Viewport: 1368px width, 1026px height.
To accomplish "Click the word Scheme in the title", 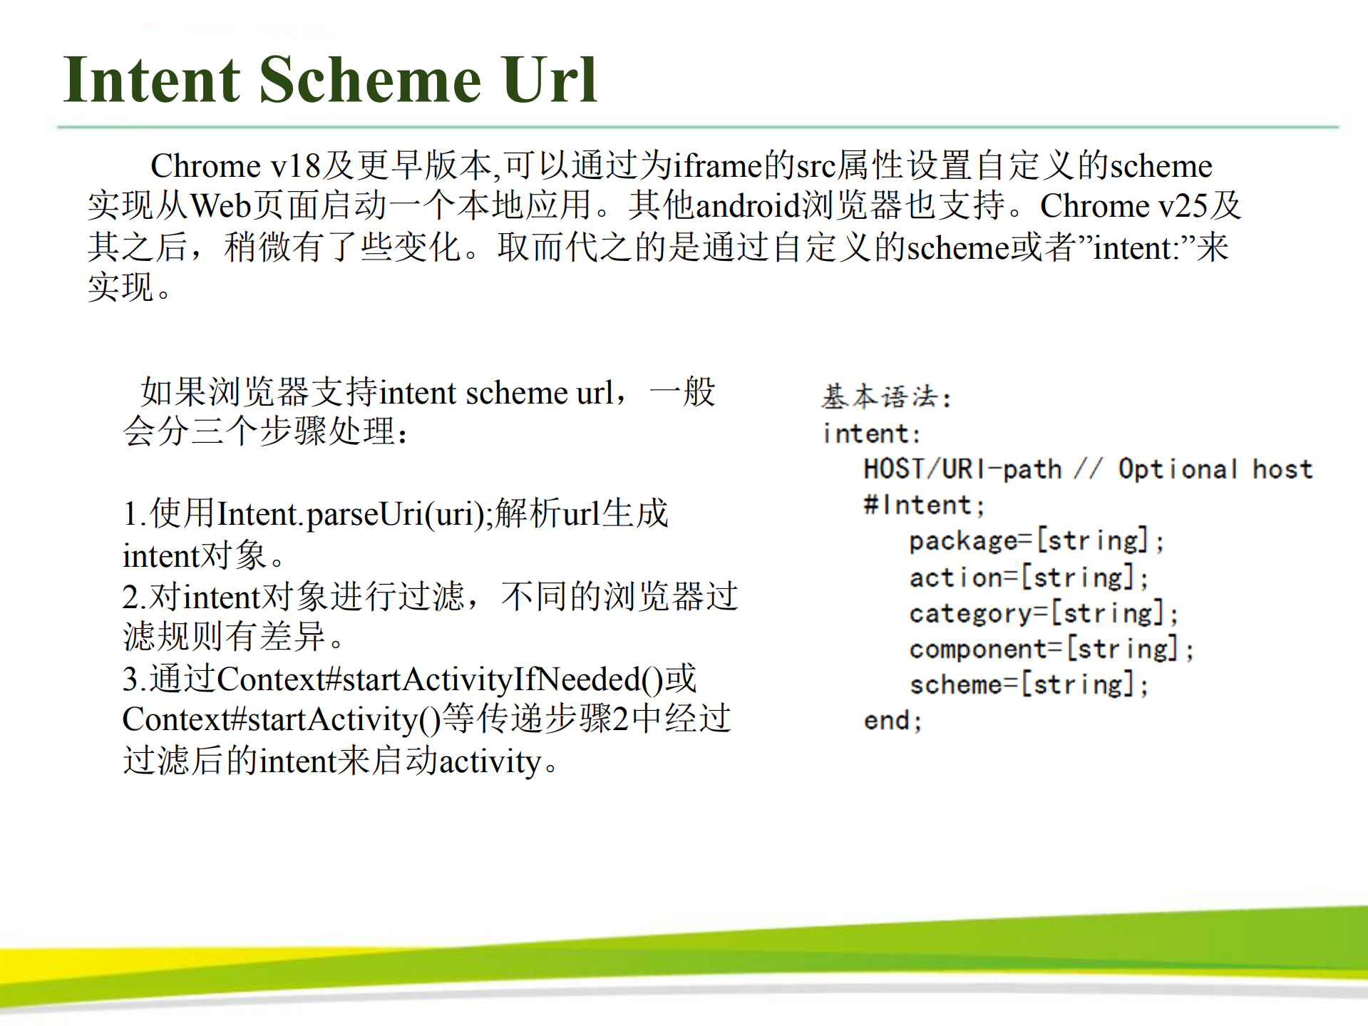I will (x=370, y=80).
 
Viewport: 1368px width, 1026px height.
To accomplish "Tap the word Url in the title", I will (x=549, y=80).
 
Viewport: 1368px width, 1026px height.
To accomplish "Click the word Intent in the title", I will (x=152, y=80).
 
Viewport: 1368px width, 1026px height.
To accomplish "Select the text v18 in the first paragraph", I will (x=295, y=166).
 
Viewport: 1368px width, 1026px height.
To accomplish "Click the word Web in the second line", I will (x=221, y=206).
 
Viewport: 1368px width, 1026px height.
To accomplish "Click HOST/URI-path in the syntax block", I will (x=962, y=469).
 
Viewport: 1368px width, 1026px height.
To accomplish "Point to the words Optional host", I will (x=1215, y=469).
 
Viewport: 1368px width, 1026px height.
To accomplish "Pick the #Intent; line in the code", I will (x=924, y=506).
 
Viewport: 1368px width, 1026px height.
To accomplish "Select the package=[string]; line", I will (x=1037, y=541).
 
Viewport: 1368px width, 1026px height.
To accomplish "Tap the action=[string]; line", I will (x=1029, y=578).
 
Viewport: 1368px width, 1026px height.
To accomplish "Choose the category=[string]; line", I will (x=1044, y=613).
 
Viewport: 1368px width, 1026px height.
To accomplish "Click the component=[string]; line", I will (x=1051, y=649).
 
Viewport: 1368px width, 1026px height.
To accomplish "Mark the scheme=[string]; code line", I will (x=1029, y=684).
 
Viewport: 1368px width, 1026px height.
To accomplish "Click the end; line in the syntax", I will (x=893, y=720).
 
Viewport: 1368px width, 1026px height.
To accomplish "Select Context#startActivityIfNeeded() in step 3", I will (x=439, y=679).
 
